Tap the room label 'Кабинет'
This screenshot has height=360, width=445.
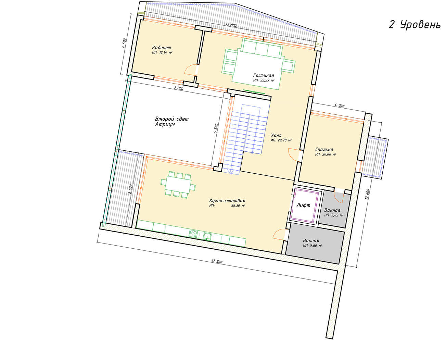coord(162,48)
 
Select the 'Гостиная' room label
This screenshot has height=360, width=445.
coord(264,75)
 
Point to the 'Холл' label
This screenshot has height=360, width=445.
coord(276,135)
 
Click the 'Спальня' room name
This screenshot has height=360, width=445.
coord(324,149)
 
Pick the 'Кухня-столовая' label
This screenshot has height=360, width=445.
coord(227,200)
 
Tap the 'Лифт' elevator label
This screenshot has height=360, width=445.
coord(303,205)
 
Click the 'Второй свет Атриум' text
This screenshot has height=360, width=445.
coord(171,122)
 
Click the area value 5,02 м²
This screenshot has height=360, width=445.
coord(337,215)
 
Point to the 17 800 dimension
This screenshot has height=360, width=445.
coord(217,261)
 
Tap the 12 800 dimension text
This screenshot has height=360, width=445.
coord(231,25)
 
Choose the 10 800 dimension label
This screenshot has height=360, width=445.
coord(367,194)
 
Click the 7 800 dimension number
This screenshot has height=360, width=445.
coord(179,88)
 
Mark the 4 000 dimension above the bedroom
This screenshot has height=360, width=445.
coord(339,105)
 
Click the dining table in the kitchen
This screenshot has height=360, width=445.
coord(178,185)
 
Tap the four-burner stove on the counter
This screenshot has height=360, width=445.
coord(193,233)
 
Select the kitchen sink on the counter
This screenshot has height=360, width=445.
coord(207,236)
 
